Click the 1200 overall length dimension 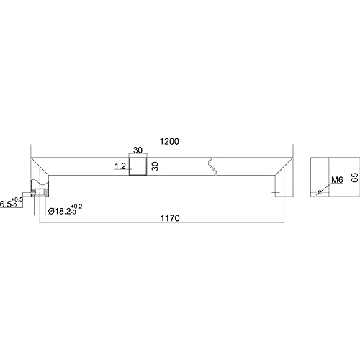[170, 142]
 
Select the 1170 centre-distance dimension [170, 218]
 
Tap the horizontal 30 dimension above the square [138, 150]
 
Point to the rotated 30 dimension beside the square [156, 166]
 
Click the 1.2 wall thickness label [120, 166]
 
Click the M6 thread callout [337, 180]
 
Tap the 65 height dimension [355, 177]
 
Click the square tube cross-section [138, 166]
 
